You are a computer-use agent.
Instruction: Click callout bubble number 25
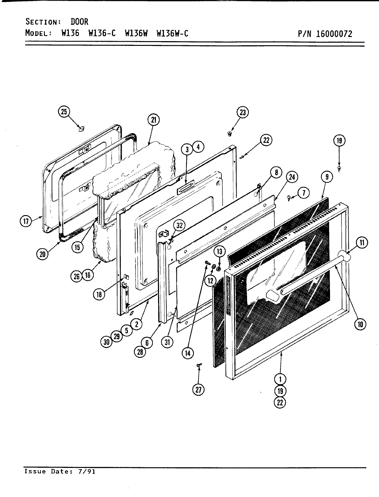[64, 112]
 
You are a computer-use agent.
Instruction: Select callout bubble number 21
[153, 120]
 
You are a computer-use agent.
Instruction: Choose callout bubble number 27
[198, 390]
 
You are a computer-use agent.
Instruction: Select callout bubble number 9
[327, 177]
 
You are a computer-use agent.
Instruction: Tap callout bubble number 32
[179, 226]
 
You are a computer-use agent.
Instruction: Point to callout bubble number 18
[99, 294]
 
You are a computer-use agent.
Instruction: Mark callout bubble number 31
[167, 342]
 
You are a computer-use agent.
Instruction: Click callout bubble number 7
[304, 193]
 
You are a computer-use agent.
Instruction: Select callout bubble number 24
[292, 177]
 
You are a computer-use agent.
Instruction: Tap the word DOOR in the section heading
[80, 22]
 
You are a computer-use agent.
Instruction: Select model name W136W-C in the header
[172, 33]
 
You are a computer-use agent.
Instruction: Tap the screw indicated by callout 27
[198, 365]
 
